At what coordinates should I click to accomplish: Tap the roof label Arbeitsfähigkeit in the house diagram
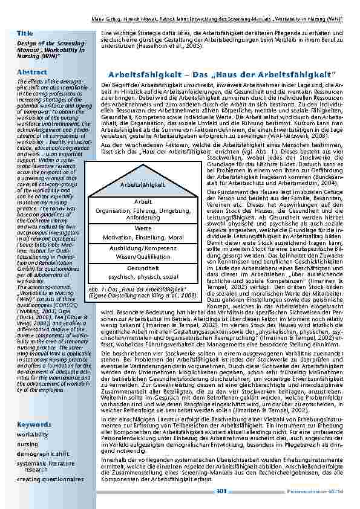pos(143,184)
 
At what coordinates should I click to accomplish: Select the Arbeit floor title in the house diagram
pos(143,201)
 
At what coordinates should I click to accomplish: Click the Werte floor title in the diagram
pos(143,229)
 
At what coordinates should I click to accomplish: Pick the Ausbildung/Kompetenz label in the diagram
pos(143,248)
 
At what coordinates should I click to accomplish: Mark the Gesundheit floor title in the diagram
pos(143,268)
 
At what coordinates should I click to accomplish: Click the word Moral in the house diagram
pos(176,237)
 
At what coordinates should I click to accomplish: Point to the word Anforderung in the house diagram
pos(143,216)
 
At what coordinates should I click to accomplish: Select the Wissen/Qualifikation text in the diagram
pos(143,256)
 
